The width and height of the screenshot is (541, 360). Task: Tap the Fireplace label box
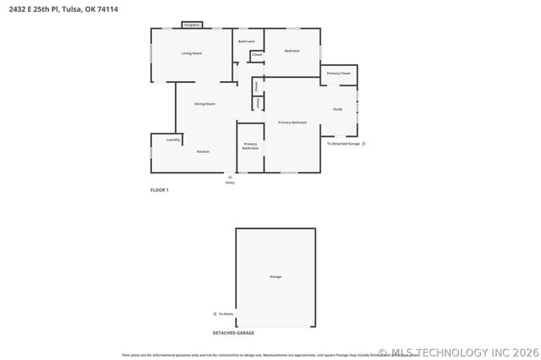pyautogui.click(x=192, y=25)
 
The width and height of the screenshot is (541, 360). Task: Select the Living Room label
pyautogui.click(x=192, y=53)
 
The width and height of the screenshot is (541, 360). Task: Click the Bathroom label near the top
pyautogui.click(x=246, y=41)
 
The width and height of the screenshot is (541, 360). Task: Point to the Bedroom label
pyautogui.click(x=292, y=52)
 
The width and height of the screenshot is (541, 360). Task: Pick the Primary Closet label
pyautogui.click(x=339, y=74)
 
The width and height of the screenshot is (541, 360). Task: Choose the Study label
pyautogui.click(x=337, y=109)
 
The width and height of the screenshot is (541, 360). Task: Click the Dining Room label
pyautogui.click(x=205, y=104)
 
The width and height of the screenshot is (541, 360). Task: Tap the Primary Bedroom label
pyautogui.click(x=292, y=123)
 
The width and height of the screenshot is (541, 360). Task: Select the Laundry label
pyautogui.click(x=173, y=139)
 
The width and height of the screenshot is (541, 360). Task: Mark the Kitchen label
pyautogui.click(x=203, y=151)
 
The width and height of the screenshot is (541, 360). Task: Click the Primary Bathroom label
pyautogui.click(x=250, y=146)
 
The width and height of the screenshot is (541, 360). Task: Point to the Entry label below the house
pyautogui.click(x=230, y=183)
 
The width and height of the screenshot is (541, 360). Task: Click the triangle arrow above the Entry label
pyautogui.click(x=230, y=176)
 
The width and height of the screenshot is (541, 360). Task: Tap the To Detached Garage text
pyautogui.click(x=343, y=144)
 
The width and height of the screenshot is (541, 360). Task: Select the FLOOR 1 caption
pyautogui.click(x=160, y=190)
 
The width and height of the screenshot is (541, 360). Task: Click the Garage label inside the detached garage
pyautogui.click(x=276, y=276)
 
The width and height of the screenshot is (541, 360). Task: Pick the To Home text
pyautogui.click(x=226, y=314)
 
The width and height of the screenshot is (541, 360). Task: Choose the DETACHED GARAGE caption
pyautogui.click(x=233, y=333)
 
